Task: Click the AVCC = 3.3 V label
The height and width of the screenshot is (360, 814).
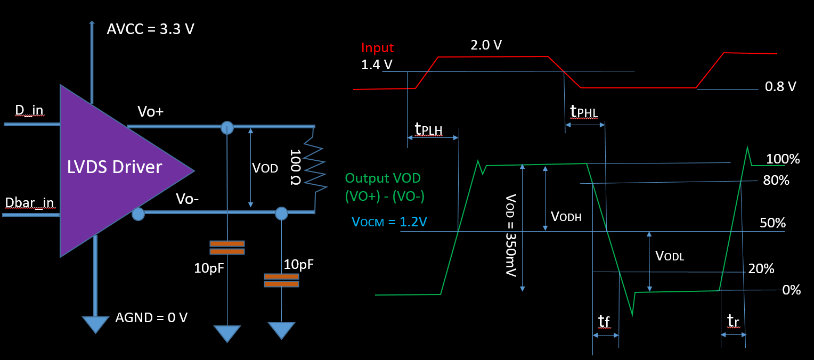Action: [x=151, y=29]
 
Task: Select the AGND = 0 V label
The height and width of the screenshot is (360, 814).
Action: [x=151, y=318]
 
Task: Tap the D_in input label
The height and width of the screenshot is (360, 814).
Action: [x=29, y=111]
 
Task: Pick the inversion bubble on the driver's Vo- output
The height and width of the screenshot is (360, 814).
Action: [x=138, y=214]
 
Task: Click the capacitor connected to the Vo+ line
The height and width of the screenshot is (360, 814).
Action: [x=227, y=247]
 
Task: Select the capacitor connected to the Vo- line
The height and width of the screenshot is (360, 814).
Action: [x=281, y=280]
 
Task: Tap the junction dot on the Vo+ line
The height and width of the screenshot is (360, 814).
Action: [x=227, y=127]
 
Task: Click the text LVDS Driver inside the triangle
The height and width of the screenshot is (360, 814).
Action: [x=115, y=167]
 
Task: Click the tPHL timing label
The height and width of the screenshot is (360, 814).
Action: [x=584, y=111]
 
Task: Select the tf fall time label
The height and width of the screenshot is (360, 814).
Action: [x=604, y=321]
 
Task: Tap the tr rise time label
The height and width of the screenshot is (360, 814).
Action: [x=734, y=320]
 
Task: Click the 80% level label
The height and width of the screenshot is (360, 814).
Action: [x=776, y=181]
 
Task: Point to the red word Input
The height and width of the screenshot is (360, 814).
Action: [x=377, y=47]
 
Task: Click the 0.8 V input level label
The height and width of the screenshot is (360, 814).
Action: [x=780, y=86]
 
